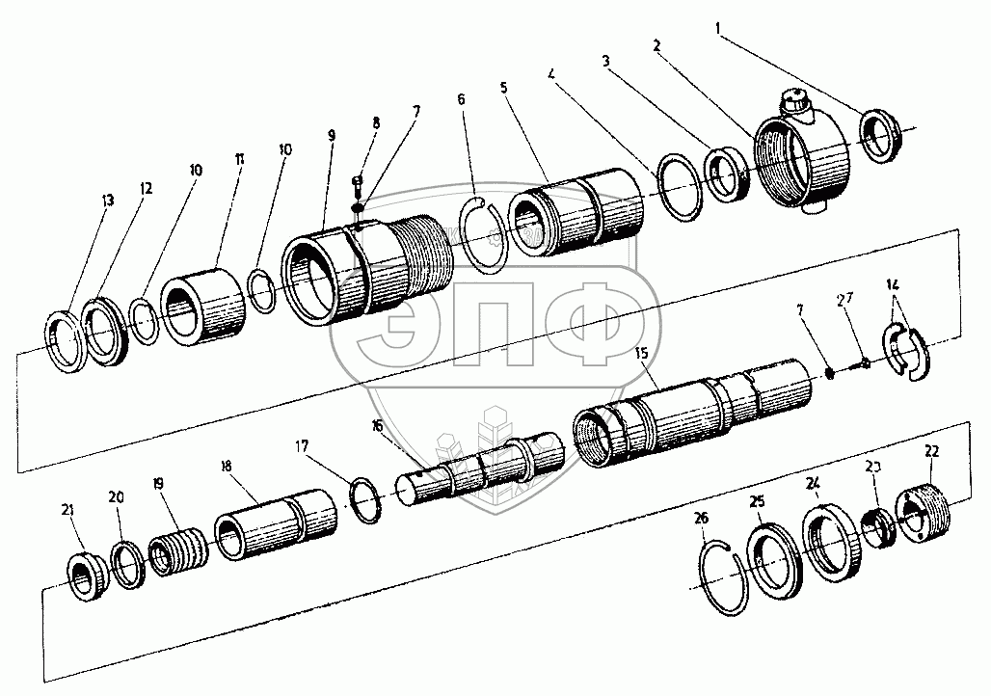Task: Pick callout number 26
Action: [701, 518]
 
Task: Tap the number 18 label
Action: [226, 466]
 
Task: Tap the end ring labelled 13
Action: [70, 341]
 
